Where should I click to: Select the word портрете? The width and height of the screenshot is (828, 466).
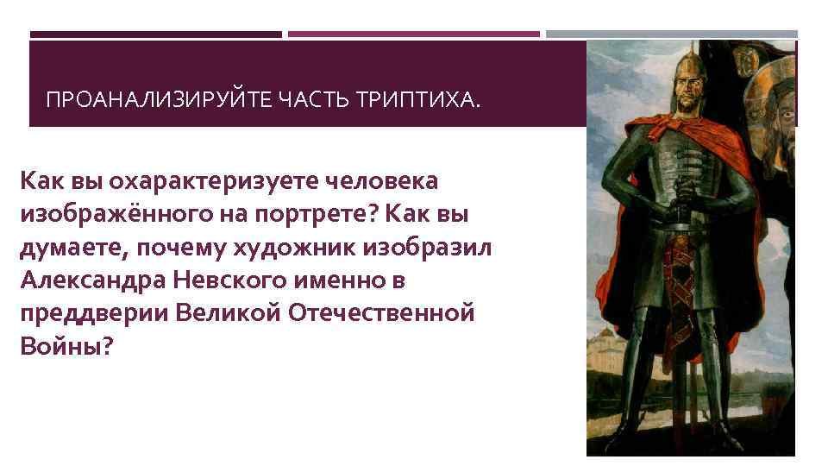(x=305, y=215)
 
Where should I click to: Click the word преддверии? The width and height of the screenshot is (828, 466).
(x=91, y=313)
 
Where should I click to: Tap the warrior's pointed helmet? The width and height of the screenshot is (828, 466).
(x=677, y=70)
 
